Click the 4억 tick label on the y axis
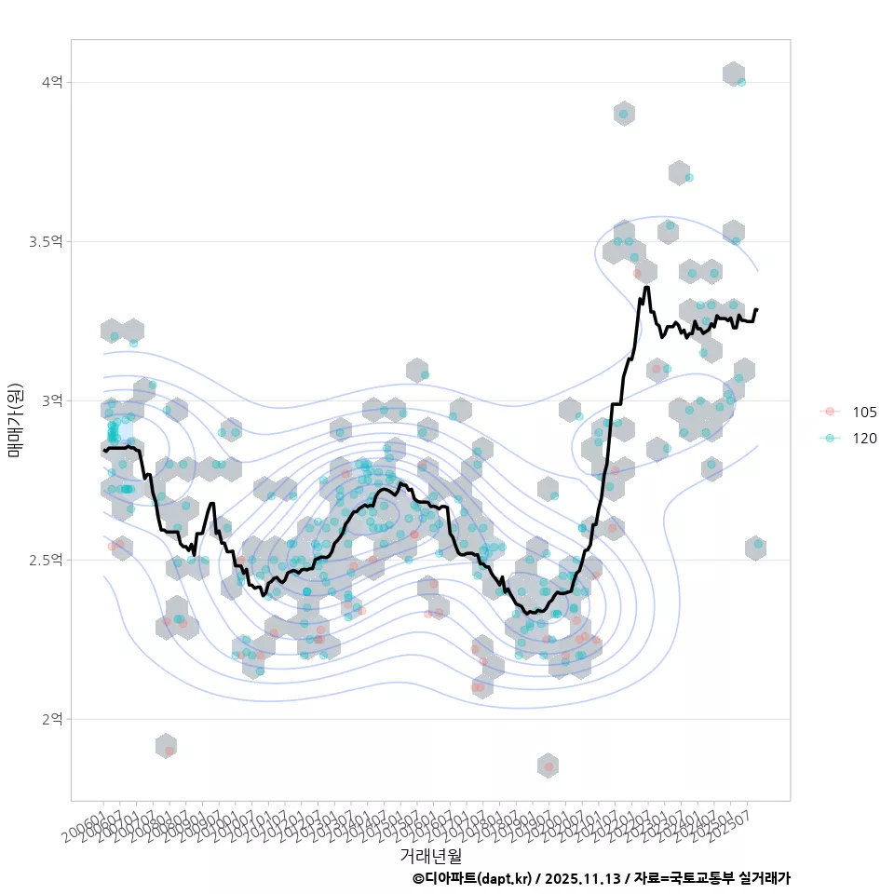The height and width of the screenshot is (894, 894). [x=51, y=83]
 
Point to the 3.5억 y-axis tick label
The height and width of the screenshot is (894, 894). [x=46, y=242]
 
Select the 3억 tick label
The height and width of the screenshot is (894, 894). [x=51, y=400]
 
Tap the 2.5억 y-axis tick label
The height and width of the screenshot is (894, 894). [x=46, y=560]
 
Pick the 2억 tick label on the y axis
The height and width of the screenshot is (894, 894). [x=51, y=719]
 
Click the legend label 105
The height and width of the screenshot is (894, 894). [x=864, y=412]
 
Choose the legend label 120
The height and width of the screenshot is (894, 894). [x=864, y=438]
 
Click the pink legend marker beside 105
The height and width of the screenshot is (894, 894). [x=830, y=412]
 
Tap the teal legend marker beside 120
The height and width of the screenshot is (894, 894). [x=830, y=438]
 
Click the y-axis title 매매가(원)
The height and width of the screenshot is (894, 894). [x=15, y=420]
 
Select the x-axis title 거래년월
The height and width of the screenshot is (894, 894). [x=430, y=855]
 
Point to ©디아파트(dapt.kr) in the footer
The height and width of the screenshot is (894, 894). [x=471, y=878]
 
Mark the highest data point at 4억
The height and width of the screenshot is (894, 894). [x=741, y=82]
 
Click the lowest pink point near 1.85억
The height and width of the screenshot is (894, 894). [x=549, y=766]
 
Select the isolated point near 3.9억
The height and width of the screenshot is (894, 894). [x=623, y=115]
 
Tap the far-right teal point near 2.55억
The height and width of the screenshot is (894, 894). [x=758, y=544]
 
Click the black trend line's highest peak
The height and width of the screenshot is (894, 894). [x=646, y=288]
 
